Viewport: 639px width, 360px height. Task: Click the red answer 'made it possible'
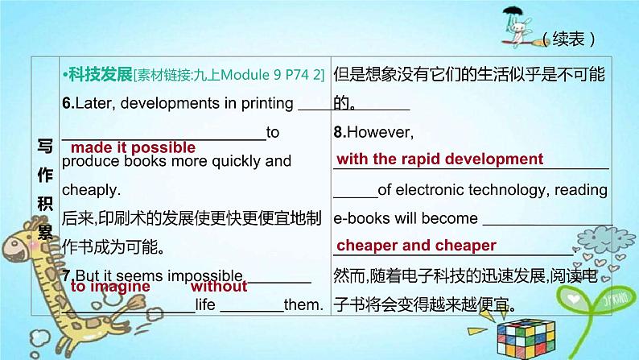(133, 147)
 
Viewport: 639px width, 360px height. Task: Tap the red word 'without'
(219, 286)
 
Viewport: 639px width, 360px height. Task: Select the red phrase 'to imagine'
(110, 287)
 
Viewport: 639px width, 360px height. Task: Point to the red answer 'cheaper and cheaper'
(416, 246)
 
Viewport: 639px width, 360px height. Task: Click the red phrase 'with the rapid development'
(439, 159)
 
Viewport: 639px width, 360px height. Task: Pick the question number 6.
(68, 104)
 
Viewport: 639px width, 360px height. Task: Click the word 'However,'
(381, 133)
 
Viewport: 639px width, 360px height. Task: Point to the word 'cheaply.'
(91, 190)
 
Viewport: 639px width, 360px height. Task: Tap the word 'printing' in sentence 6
(267, 104)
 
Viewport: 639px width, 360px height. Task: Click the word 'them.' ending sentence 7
(303, 304)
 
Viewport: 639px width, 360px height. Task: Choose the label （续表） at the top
(568, 39)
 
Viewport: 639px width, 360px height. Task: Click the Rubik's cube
(526, 339)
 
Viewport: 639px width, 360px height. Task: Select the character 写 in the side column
(45, 146)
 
